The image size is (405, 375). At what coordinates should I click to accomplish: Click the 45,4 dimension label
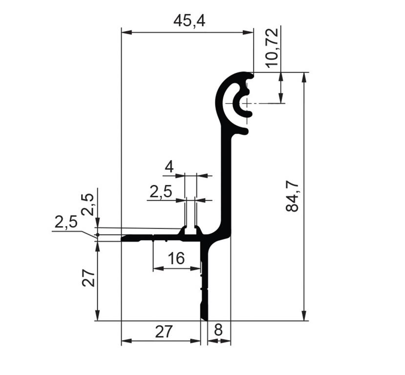click(x=190, y=21)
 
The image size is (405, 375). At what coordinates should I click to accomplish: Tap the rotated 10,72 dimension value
click(x=273, y=48)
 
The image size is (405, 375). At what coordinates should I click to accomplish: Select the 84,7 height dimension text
click(x=292, y=196)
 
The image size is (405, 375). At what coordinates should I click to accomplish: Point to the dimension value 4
click(x=169, y=167)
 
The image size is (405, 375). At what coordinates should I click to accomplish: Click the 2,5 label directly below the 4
click(x=161, y=192)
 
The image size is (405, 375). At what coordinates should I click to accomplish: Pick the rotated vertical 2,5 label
click(x=87, y=205)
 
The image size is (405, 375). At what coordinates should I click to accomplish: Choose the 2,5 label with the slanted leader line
click(x=66, y=222)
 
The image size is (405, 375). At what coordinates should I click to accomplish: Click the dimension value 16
click(x=176, y=258)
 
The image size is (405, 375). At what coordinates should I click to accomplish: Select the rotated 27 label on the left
click(x=88, y=278)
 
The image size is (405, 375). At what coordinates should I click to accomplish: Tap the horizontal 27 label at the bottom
click(x=164, y=332)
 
